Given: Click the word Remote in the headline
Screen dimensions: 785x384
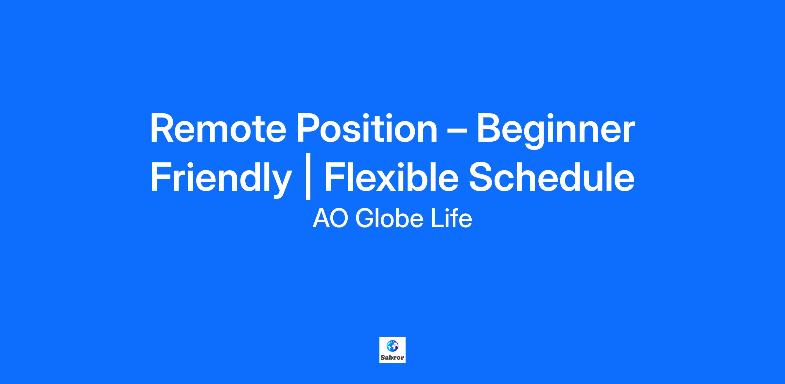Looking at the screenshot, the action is click(x=218, y=129).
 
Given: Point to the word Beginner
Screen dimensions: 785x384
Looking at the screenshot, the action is click(x=556, y=131).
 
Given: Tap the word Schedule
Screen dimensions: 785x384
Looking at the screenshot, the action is click(x=551, y=177).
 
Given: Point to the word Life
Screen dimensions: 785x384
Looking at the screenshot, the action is click(x=451, y=218).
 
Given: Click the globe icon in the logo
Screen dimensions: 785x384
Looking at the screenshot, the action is click(x=392, y=346).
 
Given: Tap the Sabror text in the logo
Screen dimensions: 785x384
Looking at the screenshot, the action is click(x=392, y=357).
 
